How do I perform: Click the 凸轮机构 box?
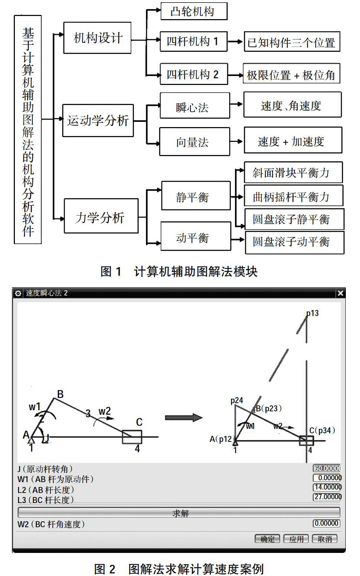(193, 11)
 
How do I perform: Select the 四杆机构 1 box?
(193, 41)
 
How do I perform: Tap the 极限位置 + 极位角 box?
(291, 75)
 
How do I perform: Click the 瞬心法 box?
(195, 107)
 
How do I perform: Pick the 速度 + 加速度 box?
(293, 141)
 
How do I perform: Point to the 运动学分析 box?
(98, 120)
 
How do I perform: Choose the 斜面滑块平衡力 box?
(293, 173)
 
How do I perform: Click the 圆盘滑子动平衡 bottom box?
(294, 242)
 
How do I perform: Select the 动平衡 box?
(196, 237)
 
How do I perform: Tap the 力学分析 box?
(101, 217)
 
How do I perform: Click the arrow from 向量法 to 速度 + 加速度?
(237, 142)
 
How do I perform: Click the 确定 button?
(267, 539)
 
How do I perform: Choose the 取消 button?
(325, 539)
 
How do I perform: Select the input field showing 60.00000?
(327, 468)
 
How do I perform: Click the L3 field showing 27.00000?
(327, 497)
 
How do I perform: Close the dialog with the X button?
(340, 293)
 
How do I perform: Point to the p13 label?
(312, 313)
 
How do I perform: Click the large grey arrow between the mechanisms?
(183, 418)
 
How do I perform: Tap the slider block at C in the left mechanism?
(132, 437)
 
